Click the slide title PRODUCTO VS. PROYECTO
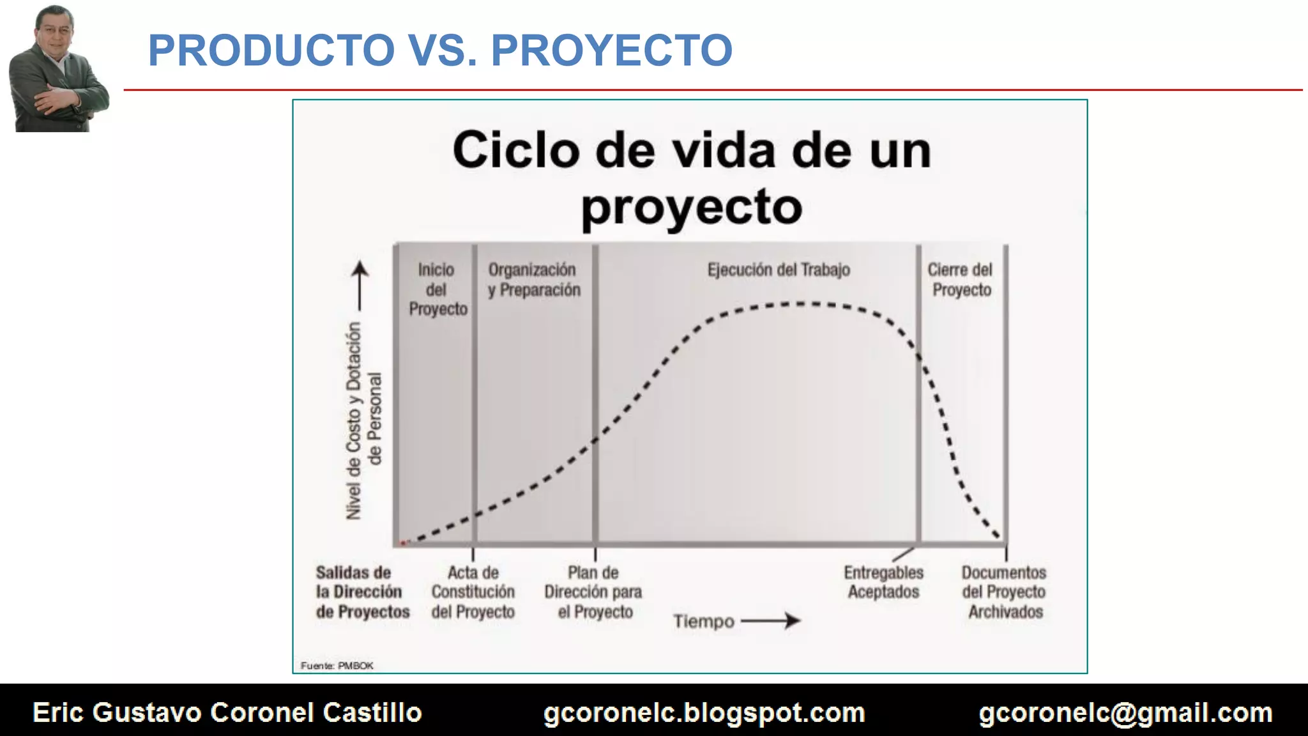tap(440, 50)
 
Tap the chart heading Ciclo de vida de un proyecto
tap(692, 177)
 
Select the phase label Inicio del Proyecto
tap(437, 289)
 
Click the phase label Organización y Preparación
tap(534, 280)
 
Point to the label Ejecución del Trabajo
tap(779, 270)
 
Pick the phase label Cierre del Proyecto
tap(961, 280)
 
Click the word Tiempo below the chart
tap(703, 621)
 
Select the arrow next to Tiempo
tap(771, 620)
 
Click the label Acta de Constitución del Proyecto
tap(473, 592)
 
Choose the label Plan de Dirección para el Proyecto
tap(593, 592)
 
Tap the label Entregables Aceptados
tap(883, 582)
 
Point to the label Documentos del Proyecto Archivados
tap(1004, 592)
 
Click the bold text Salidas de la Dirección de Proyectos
tap(361, 592)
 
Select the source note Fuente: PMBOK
tap(337, 666)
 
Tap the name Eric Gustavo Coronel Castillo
tap(227, 712)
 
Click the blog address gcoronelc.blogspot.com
tap(704, 712)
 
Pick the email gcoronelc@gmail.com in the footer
tap(1125, 712)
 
